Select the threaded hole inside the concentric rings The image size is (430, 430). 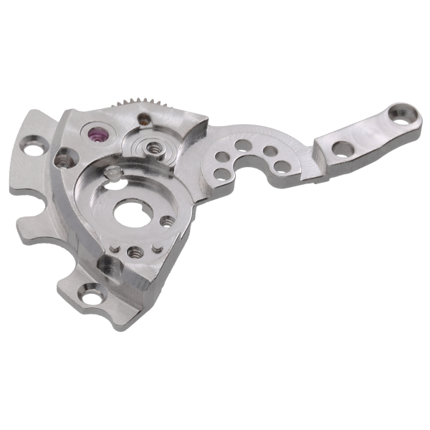pos(152,147)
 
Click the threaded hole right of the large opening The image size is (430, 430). pos(167,222)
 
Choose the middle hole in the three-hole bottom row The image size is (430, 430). pos(133,252)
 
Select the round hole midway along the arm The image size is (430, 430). pos(344,148)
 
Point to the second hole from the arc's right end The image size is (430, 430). pos(271,152)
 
